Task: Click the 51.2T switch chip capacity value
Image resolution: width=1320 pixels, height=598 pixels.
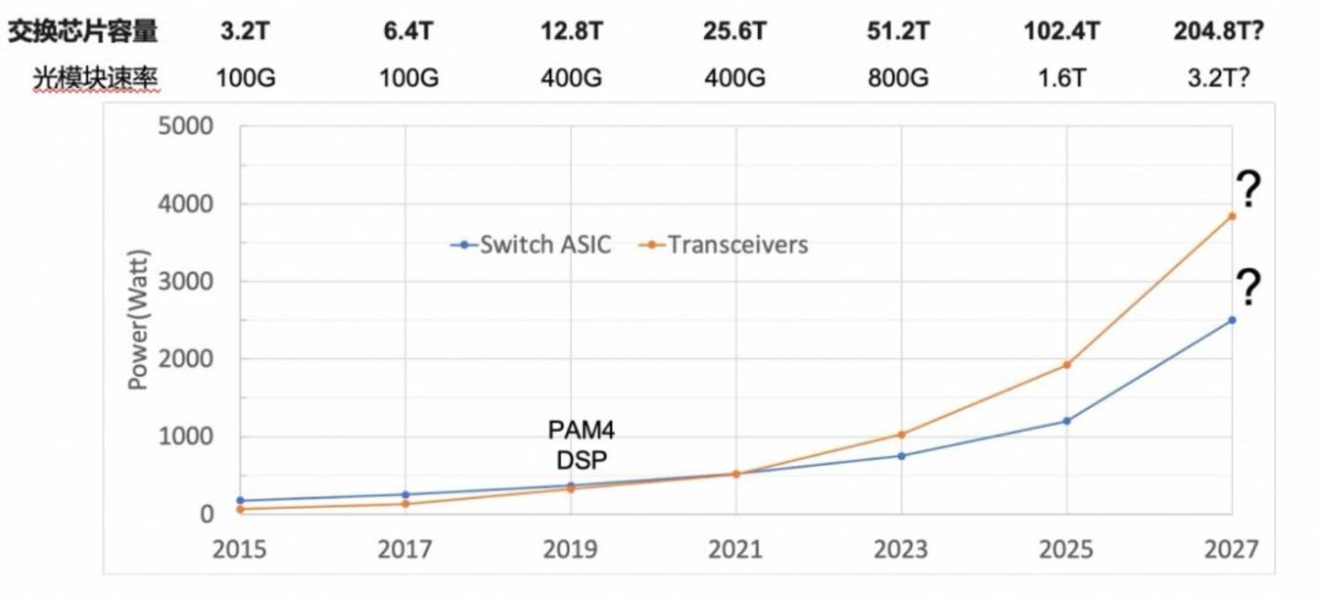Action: click(897, 30)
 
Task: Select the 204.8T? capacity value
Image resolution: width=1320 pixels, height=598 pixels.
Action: click(1218, 30)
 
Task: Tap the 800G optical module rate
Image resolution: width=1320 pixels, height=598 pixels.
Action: click(897, 78)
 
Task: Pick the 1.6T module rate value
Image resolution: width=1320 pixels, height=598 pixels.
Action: click(1061, 78)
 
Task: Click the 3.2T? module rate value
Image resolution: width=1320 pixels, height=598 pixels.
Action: click(1218, 78)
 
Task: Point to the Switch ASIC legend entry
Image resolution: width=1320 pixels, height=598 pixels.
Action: click(531, 245)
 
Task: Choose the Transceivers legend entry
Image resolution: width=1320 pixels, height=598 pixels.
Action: click(723, 245)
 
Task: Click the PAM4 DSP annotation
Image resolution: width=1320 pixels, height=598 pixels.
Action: click(581, 445)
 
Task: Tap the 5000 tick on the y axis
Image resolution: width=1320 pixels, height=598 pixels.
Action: click(185, 127)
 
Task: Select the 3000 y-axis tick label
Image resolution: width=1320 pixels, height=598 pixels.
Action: click(185, 282)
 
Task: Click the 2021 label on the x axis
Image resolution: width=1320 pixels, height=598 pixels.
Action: click(735, 549)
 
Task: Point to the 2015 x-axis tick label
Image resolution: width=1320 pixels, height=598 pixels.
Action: click(239, 549)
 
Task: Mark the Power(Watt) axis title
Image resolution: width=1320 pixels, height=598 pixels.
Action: click(139, 320)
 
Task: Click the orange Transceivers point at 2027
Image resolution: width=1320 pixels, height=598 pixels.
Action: click(1232, 216)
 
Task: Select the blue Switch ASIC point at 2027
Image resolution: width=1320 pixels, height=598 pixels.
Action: click(1232, 320)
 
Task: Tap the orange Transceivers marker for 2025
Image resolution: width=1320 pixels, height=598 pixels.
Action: click(1067, 365)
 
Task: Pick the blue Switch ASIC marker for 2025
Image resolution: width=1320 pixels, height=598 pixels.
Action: click(1067, 421)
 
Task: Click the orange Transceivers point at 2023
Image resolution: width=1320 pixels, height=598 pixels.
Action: click(901, 435)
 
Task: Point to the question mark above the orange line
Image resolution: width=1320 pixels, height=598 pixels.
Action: click(1248, 189)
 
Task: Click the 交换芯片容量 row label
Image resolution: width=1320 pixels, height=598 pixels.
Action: click(83, 31)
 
